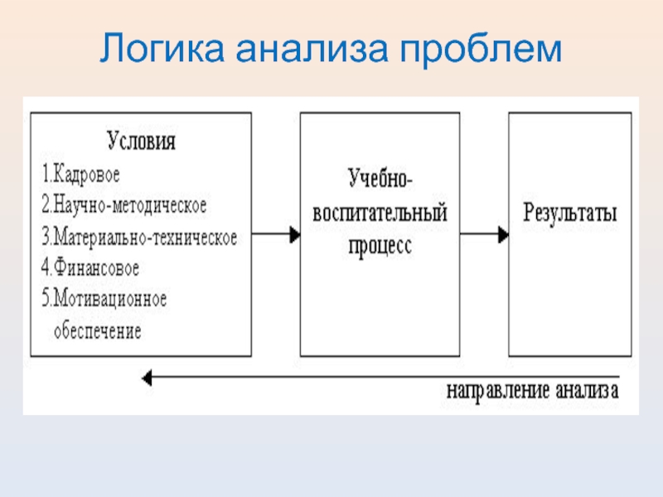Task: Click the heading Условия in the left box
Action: pyautogui.click(x=141, y=140)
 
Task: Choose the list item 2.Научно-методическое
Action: pyautogui.click(x=123, y=203)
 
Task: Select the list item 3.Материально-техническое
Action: pyautogui.click(x=139, y=238)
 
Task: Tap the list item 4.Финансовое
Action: pyautogui.click(x=90, y=268)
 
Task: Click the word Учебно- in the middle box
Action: pyautogui.click(x=380, y=176)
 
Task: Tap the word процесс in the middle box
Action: pyautogui.click(x=380, y=246)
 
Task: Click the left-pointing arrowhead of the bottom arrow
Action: pyautogui.click(x=147, y=378)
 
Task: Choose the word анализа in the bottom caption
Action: pyautogui.click(x=587, y=389)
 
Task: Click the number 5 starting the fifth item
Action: pyautogui.click(x=46, y=298)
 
